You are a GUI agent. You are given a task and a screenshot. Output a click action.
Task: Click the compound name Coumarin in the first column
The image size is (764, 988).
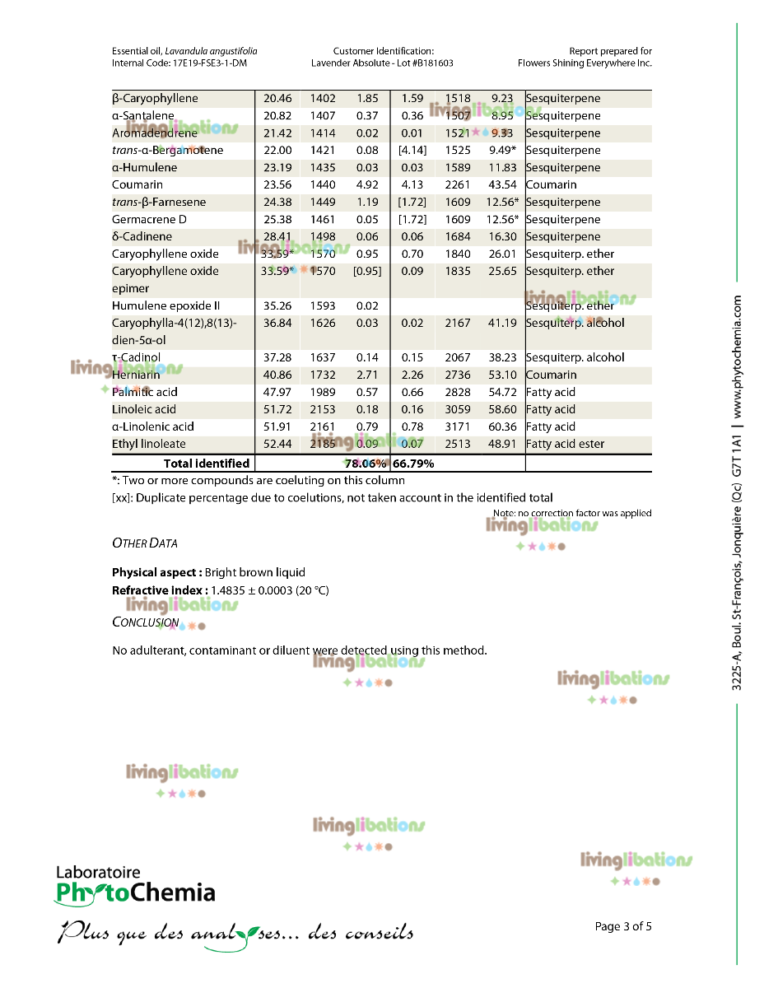click(x=137, y=185)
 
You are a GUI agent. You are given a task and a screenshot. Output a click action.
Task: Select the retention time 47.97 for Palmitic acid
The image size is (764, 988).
click(x=277, y=393)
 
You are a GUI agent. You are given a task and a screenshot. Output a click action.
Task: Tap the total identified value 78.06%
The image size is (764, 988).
click(x=366, y=464)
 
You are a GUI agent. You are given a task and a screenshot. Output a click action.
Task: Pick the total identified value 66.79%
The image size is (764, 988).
click(x=413, y=464)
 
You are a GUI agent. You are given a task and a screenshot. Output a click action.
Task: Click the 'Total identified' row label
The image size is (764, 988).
click(x=206, y=464)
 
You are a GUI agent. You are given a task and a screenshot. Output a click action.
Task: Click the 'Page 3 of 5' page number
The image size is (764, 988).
click(x=622, y=926)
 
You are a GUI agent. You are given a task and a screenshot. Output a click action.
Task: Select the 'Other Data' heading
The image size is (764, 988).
click(x=144, y=543)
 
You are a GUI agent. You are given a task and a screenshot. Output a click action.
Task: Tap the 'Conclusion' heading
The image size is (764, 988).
click(x=145, y=622)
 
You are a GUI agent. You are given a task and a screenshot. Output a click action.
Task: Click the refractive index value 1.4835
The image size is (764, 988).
click(x=227, y=590)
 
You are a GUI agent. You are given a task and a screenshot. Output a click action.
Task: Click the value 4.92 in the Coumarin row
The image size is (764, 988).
click(x=367, y=185)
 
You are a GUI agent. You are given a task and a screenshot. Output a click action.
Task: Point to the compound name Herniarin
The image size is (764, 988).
click(x=136, y=375)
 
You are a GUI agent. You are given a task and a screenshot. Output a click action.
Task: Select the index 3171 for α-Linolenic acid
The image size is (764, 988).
click(x=458, y=427)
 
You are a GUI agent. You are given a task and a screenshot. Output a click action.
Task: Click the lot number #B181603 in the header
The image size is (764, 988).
click(x=426, y=63)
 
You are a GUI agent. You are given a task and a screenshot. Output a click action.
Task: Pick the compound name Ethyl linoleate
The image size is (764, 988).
click(x=149, y=445)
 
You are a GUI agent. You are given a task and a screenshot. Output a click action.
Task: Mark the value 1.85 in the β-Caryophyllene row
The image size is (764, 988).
click(x=367, y=99)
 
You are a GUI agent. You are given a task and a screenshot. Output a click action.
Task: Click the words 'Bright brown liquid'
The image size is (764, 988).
click(x=255, y=572)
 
